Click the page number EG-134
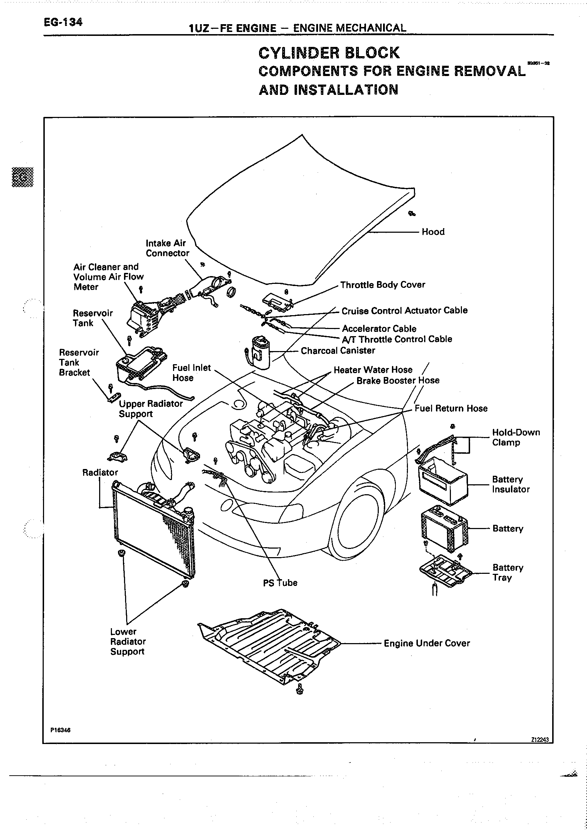pyautogui.click(x=63, y=22)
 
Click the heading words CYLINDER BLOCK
pyautogui.click(x=329, y=53)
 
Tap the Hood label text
pyautogui.click(x=433, y=232)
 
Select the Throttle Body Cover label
pyautogui.click(x=382, y=285)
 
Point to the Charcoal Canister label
pyautogui.click(x=338, y=350)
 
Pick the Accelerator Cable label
pyautogui.click(x=379, y=329)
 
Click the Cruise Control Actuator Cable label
pyautogui.click(x=404, y=311)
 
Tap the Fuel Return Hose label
pyautogui.click(x=451, y=409)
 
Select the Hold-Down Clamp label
pyautogui.click(x=516, y=437)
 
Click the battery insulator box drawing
pyautogui.click(x=442, y=481)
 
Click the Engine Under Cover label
pyautogui.click(x=426, y=643)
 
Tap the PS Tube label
pyautogui.click(x=280, y=583)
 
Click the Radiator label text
pyautogui.click(x=100, y=473)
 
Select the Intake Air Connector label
pyautogui.click(x=167, y=248)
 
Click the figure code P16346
pyautogui.click(x=60, y=730)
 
